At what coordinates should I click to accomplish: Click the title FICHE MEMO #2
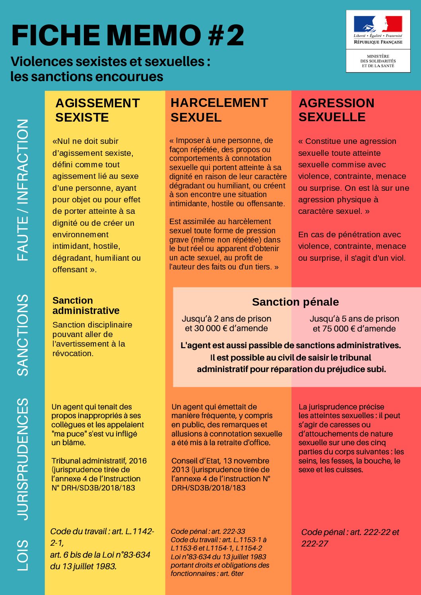[x=128, y=35]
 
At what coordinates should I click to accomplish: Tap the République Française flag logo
[x=378, y=24]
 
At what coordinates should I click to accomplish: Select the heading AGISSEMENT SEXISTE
[x=97, y=110]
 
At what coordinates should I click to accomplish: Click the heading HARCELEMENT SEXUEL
[x=219, y=110]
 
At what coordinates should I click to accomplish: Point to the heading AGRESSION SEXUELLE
[x=336, y=110]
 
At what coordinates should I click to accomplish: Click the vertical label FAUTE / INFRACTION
[x=23, y=190]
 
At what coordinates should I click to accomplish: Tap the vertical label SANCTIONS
[x=23, y=335]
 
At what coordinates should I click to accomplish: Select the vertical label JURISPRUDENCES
[x=23, y=459]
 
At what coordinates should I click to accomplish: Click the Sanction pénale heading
[x=295, y=302]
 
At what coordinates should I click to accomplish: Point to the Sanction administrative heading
[x=86, y=305]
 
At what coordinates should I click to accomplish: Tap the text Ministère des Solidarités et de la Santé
[x=378, y=61]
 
